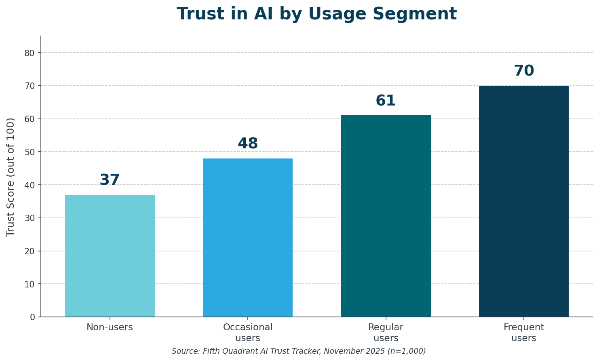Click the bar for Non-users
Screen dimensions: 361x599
(110, 255)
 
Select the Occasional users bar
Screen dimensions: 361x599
(247, 237)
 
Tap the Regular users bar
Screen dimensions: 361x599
(386, 216)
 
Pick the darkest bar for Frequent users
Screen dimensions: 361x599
(523, 201)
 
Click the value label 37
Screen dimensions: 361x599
(110, 180)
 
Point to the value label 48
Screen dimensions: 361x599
(247, 144)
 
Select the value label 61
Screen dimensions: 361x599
(386, 101)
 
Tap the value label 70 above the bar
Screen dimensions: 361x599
(523, 71)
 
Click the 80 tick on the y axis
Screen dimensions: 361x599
(30, 53)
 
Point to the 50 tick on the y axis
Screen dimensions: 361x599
(30, 152)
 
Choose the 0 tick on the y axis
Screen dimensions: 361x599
(32, 317)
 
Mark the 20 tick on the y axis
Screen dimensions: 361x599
(30, 251)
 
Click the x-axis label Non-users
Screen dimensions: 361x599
(110, 327)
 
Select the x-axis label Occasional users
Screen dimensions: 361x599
(247, 333)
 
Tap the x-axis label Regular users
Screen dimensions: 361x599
(386, 333)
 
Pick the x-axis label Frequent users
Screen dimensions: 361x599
(523, 333)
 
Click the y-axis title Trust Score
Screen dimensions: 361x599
(11, 177)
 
